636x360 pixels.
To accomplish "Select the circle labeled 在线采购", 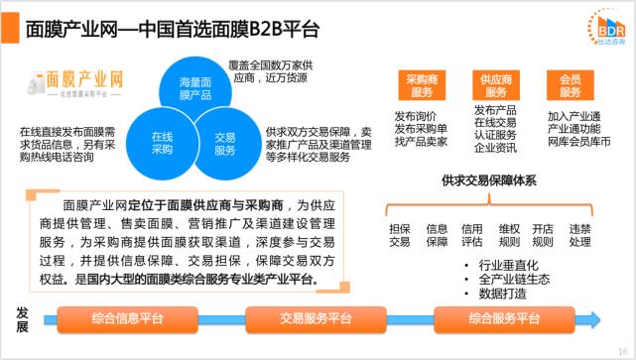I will point(162,141).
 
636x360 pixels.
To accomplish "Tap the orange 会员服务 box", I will point(570,85).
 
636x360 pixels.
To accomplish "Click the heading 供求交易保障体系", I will point(489,180).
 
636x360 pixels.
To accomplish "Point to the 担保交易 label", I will point(399,235).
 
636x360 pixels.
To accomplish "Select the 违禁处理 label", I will point(580,235).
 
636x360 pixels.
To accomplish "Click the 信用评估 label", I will point(471,235).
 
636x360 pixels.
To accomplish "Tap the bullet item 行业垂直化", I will point(505,266).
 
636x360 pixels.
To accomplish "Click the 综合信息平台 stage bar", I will point(126,319).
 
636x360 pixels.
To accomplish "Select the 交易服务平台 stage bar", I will point(315,319).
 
